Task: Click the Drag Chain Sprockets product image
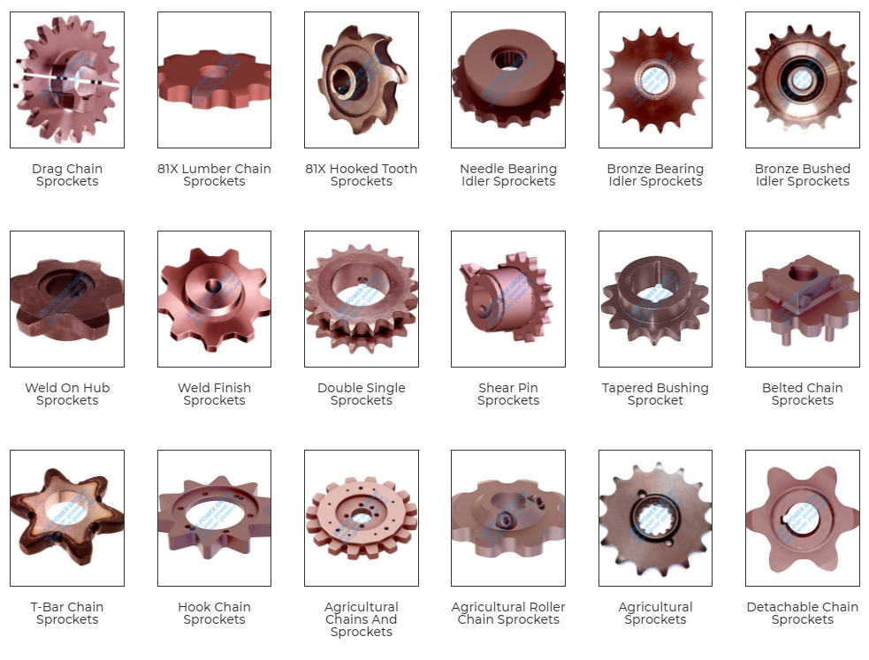tap(67, 80)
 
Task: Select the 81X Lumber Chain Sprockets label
tap(214, 175)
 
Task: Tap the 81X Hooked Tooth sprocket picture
tap(361, 80)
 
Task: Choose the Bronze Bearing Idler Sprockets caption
tap(655, 175)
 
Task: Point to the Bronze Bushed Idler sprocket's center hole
tap(802, 78)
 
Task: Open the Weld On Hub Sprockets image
tap(67, 299)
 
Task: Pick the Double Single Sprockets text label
tap(361, 394)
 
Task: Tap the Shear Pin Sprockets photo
tap(507, 299)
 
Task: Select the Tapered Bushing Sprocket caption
tap(655, 394)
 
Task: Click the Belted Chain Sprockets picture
tap(802, 299)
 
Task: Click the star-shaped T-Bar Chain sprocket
tap(67, 518)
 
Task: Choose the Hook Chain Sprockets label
tap(214, 613)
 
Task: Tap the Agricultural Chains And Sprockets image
tap(361, 518)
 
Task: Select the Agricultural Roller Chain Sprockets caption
tap(507, 613)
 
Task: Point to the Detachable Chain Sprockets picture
tap(802, 518)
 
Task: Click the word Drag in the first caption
tap(47, 169)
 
